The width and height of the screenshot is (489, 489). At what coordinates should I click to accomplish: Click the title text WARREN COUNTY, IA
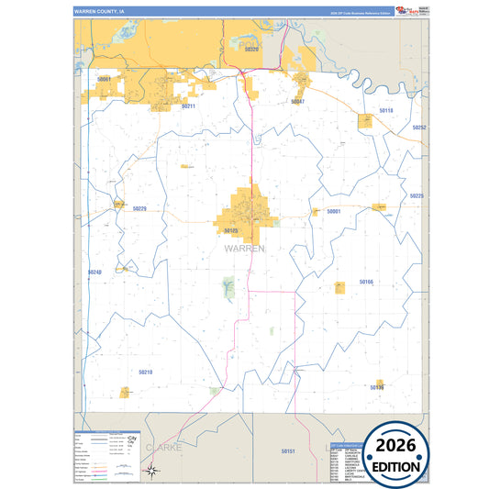100,11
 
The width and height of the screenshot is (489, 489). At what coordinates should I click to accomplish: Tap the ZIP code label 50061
104,80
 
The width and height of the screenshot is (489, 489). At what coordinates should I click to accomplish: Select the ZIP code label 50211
188,106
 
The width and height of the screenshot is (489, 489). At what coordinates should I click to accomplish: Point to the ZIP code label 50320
251,49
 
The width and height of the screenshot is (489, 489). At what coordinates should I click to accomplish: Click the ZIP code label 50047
297,101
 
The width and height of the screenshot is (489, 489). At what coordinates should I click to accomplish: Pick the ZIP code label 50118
386,110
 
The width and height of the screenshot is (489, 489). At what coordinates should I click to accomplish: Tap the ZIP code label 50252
418,128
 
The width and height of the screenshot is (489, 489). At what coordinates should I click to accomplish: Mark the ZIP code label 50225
417,195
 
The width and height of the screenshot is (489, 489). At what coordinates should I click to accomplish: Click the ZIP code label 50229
139,208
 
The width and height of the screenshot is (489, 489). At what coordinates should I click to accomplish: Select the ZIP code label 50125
230,230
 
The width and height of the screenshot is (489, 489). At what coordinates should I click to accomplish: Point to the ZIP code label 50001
334,211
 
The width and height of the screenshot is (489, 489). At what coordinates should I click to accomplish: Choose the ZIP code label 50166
366,282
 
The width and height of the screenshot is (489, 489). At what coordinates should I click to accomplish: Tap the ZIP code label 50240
94,272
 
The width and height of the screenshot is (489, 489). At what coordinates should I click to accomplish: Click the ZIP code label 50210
145,372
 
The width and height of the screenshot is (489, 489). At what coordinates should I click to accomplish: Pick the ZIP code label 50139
377,387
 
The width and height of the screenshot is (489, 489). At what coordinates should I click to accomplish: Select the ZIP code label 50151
288,451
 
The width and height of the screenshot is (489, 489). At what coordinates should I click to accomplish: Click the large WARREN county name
244,248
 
